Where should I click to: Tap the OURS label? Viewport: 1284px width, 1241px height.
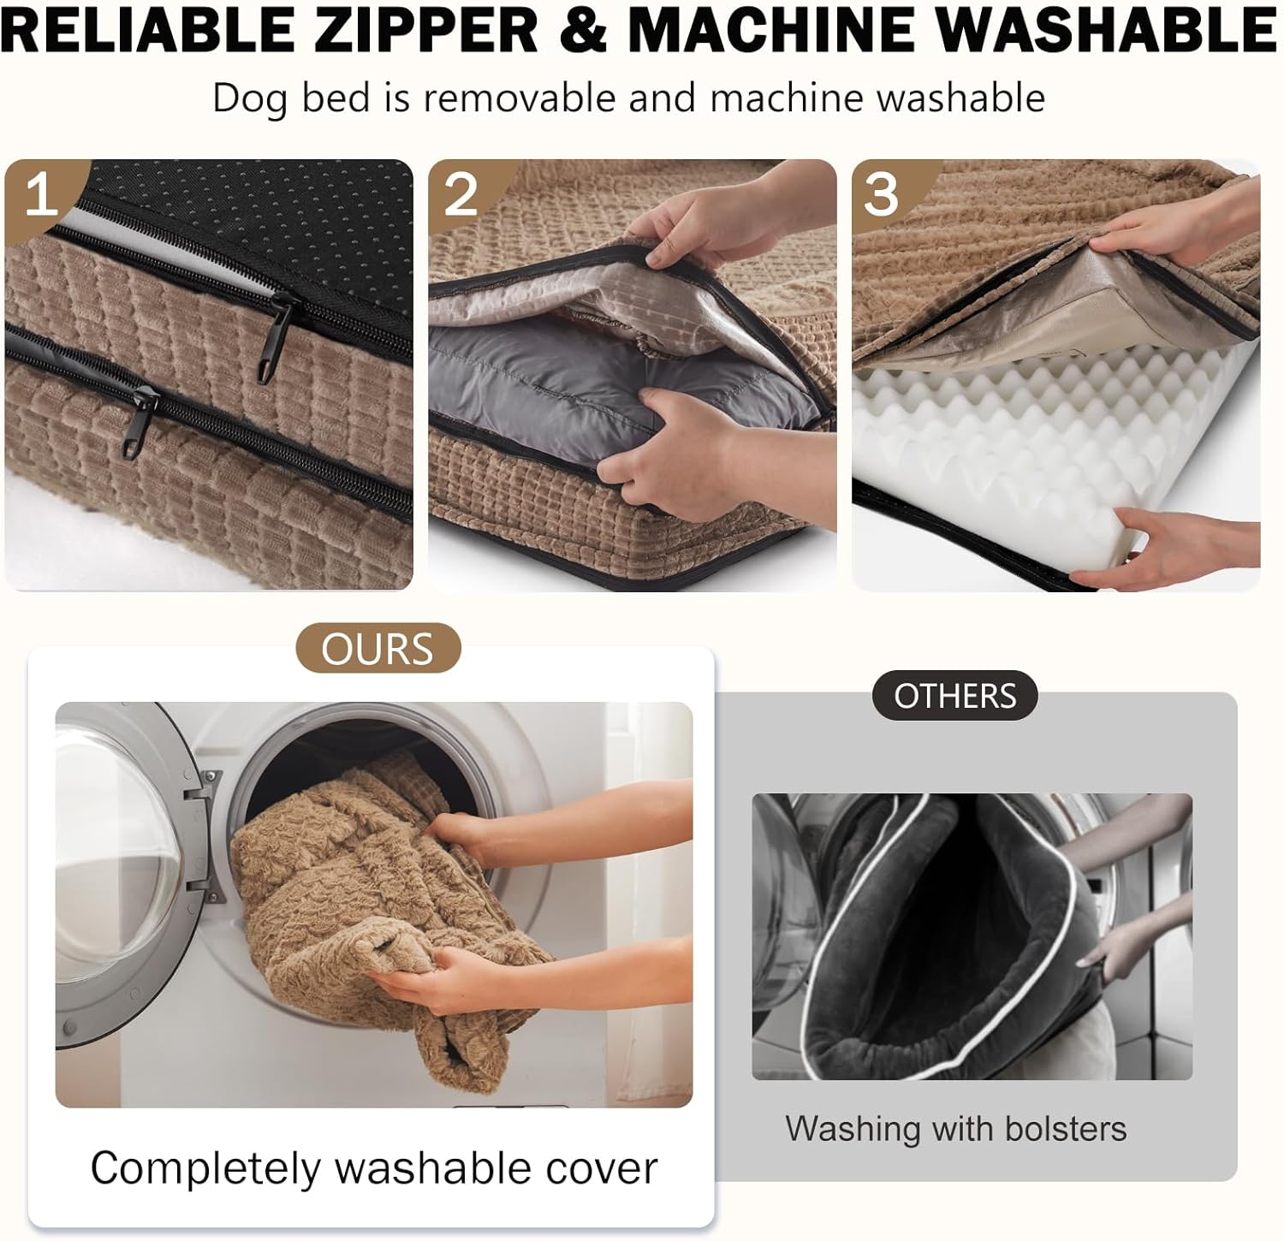pyautogui.click(x=377, y=648)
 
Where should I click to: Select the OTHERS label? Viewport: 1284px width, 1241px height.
pyautogui.click(x=955, y=696)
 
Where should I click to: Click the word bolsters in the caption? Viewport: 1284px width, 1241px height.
pyautogui.click(x=1066, y=1128)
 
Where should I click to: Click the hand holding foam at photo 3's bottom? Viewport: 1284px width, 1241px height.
pyautogui.click(x=1190, y=548)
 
